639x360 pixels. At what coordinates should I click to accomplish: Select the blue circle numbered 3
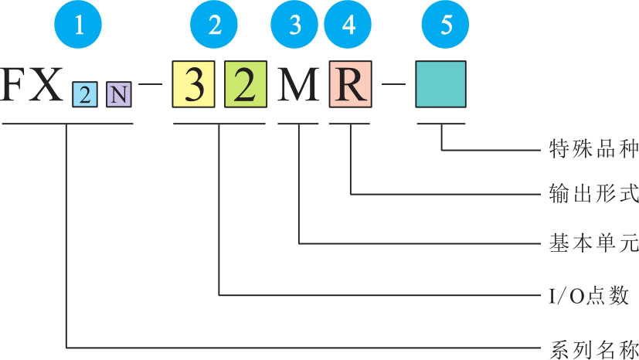point(296,25)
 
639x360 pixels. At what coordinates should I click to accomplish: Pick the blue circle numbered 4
point(350,25)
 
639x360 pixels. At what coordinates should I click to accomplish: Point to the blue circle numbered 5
point(446,25)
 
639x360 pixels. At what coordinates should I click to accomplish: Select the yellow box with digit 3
point(195,85)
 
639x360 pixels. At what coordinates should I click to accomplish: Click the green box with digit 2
point(245,85)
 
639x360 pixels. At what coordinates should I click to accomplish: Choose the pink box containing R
point(351,85)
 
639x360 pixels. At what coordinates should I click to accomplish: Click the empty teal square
point(440,85)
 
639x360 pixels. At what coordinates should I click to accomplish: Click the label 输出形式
point(587,194)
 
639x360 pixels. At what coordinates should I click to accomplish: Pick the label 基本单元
point(587,244)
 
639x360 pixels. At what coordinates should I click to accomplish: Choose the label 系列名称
point(587,345)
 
